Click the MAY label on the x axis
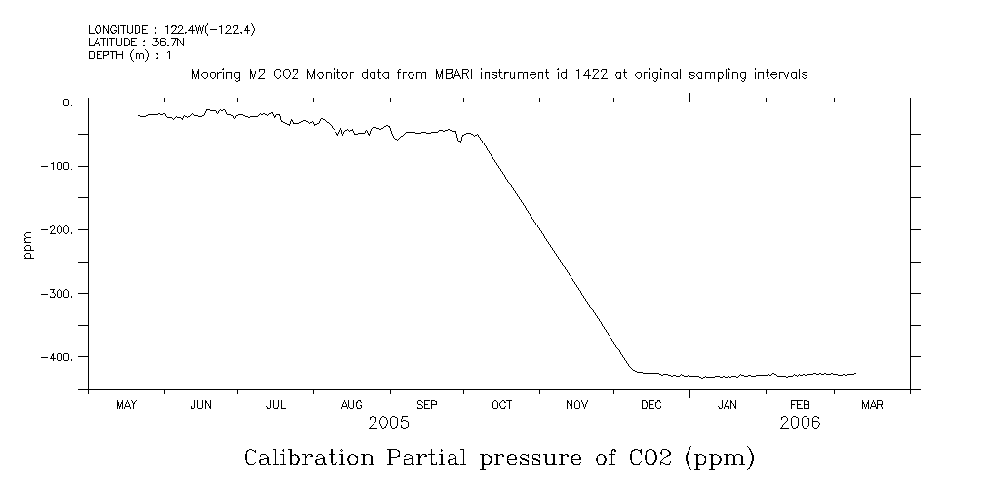126,405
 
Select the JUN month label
201,405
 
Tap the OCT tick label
501,405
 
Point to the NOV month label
576,405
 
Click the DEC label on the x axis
651,405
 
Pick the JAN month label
728,405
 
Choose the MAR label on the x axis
872,405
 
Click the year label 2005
388,423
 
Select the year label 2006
800,423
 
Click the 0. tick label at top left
67,102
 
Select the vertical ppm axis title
29,244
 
